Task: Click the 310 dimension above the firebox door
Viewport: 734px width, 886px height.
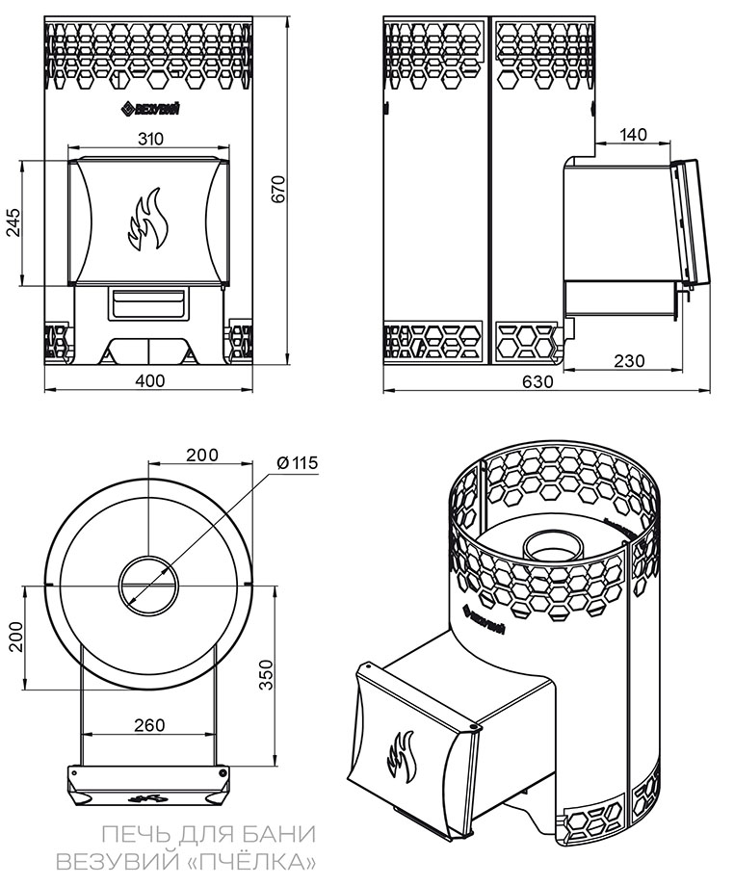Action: click(x=149, y=138)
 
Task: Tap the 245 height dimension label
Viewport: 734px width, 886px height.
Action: click(x=13, y=222)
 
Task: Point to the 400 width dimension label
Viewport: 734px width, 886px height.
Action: click(x=149, y=380)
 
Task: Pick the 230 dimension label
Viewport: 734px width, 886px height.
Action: click(x=628, y=360)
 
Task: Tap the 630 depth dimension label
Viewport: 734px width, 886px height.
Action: click(x=537, y=381)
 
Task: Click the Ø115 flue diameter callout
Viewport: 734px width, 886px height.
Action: click(x=296, y=463)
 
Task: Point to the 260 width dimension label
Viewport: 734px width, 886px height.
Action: click(x=149, y=724)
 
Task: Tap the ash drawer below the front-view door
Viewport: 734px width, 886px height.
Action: click(x=148, y=302)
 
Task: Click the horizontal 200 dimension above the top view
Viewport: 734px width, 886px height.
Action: click(x=202, y=455)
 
